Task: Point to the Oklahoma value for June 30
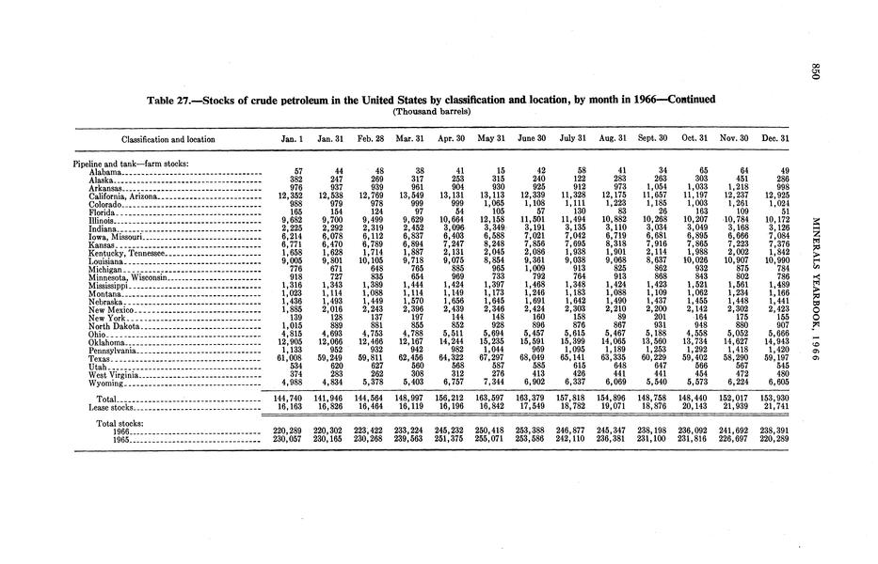(x=547, y=341)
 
